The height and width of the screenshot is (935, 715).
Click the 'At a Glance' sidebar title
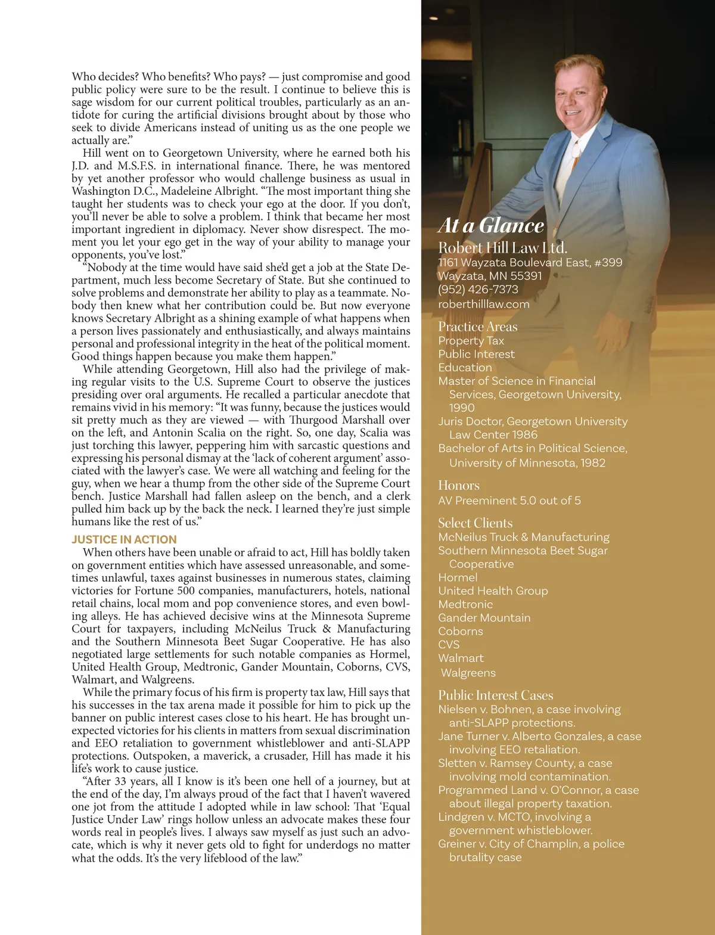(491, 225)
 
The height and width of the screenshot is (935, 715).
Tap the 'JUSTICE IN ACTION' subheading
(124, 539)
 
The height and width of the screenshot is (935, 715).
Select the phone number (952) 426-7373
(478, 290)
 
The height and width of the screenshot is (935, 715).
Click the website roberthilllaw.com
(483, 304)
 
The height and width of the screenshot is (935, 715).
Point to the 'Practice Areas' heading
(477, 327)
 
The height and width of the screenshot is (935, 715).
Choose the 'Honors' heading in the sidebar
(458, 486)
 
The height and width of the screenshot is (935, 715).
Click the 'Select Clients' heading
(475, 523)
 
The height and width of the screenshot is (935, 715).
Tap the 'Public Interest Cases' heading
(495, 695)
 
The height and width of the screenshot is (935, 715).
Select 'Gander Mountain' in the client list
(484, 618)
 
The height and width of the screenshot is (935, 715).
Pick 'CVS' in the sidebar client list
(449, 645)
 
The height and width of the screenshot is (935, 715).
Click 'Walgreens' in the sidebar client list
(468, 673)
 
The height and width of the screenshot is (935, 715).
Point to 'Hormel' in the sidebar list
(458, 577)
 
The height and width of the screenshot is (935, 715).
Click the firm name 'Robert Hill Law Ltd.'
(502, 248)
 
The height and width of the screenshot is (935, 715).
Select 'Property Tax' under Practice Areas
(471, 341)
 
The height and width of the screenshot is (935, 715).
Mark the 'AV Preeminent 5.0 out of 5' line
(509, 501)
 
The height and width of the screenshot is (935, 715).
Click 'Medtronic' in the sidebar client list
(465, 604)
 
